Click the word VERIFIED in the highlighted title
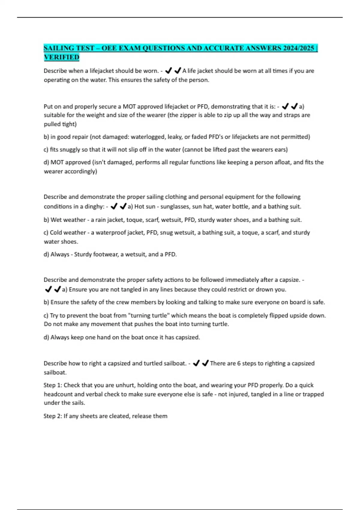tap(61, 57)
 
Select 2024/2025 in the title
tap(298, 48)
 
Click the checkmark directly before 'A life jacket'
tap(178, 71)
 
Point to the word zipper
tap(191, 115)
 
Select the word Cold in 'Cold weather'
tap(56, 232)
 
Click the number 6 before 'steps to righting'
tap(239, 363)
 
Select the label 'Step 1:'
tap(53, 385)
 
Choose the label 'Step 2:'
tap(53, 416)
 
